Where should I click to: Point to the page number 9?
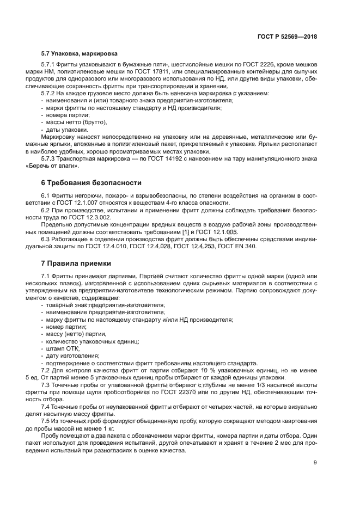[x=315, y=463]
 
